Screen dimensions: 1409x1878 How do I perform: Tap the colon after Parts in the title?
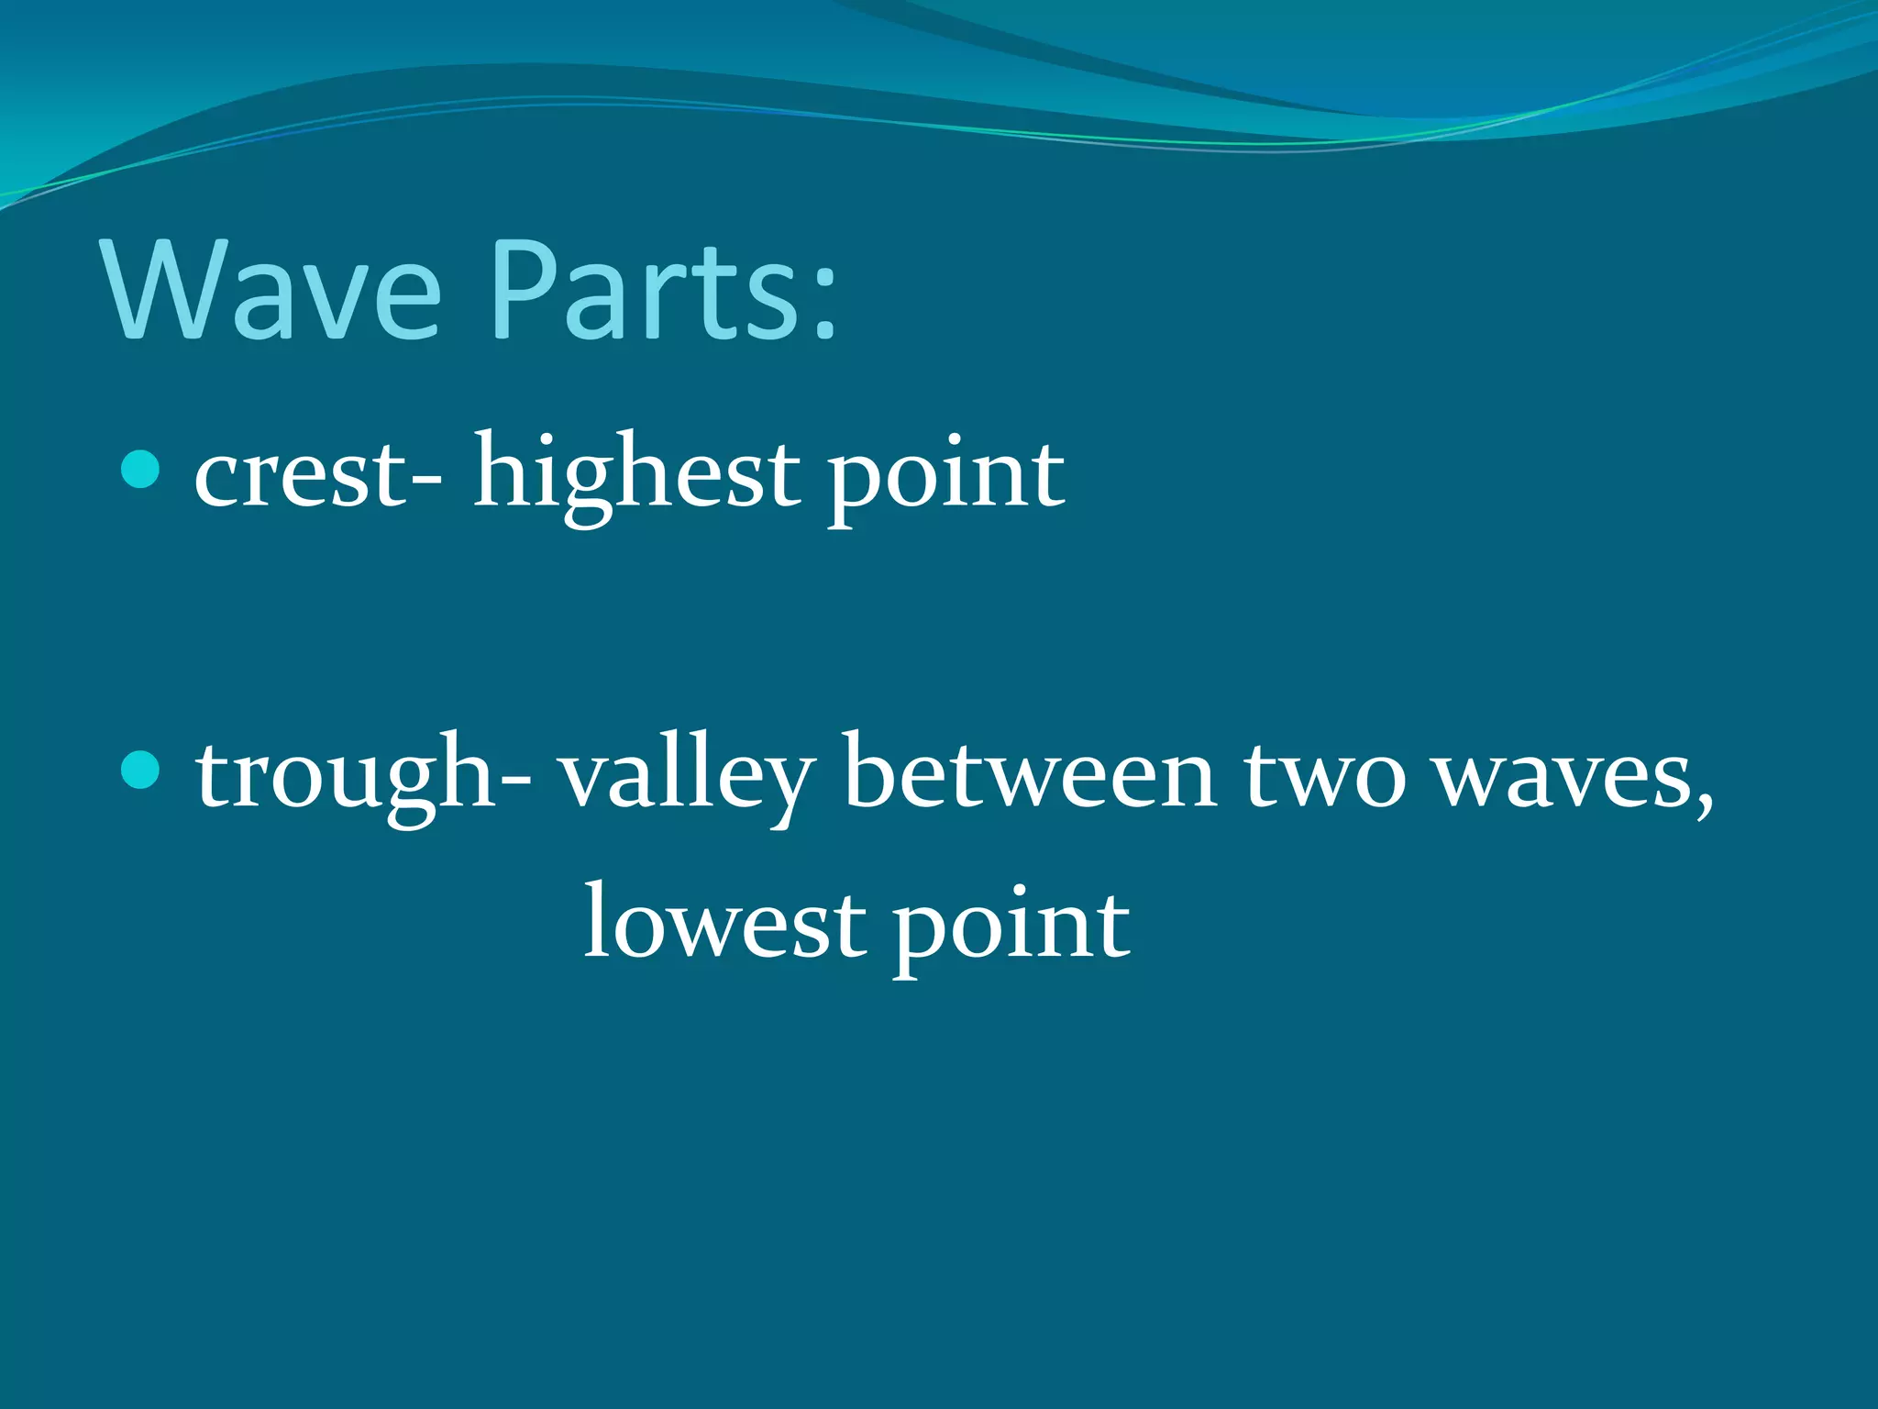[823, 299]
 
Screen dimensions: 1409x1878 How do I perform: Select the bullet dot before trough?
[140, 769]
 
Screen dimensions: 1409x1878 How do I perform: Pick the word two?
[1324, 775]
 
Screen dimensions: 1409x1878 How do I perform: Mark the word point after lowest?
[1012, 926]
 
